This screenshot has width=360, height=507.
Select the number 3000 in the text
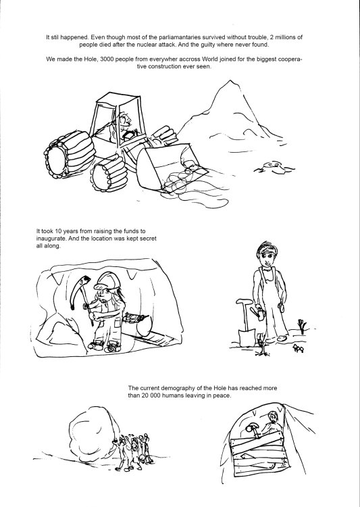[x=107, y=59]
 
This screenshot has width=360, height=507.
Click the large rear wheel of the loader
[x=70, y=155]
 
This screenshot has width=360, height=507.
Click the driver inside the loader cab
[x=124, y=127]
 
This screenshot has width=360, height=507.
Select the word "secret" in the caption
[x=149, y=239]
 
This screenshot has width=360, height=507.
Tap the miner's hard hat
[x=108, y=281]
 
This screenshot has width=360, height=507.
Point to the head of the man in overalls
[x=267, y=253]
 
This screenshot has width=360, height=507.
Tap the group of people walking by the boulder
[x=133, y=452]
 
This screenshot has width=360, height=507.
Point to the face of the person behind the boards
[x=274, y=418]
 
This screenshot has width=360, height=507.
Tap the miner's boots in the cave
[x=104, y=346]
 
